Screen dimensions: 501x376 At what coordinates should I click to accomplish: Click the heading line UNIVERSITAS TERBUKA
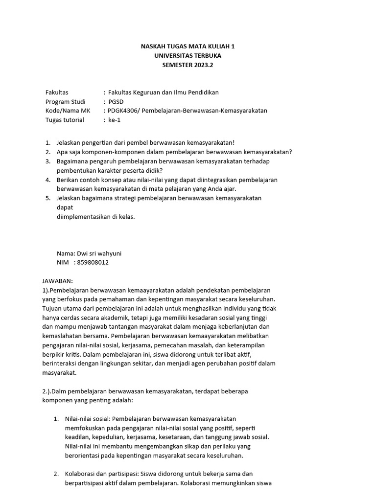188,55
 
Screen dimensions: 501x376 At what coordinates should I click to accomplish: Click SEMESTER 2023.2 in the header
188,65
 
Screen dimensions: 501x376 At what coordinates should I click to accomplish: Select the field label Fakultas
57,92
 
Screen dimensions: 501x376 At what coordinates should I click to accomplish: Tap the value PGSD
116,101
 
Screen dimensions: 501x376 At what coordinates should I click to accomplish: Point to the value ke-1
115,120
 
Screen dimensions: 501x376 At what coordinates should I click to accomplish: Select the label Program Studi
65,101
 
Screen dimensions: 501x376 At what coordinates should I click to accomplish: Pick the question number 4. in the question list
48,180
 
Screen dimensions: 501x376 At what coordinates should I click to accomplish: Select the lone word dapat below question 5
65,207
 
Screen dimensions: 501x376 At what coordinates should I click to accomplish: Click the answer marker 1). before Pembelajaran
47,290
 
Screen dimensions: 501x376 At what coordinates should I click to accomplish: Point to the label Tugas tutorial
64,120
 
